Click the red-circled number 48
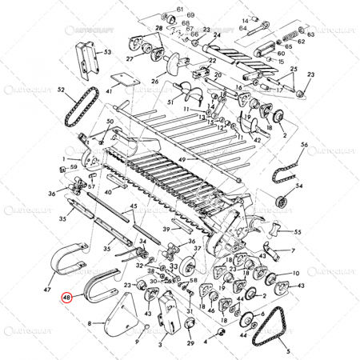click(67, 297)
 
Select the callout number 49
click(182, 160)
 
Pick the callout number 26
click(155, 82)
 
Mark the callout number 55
click(298, 232)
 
